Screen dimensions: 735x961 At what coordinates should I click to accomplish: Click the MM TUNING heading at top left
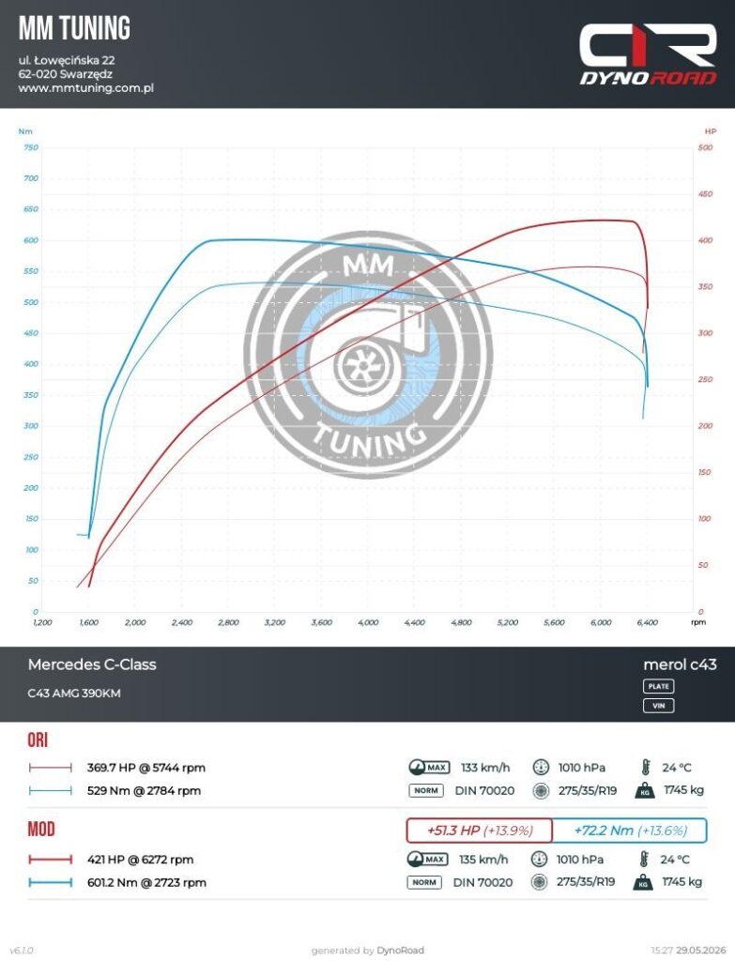click(x=74, y=28)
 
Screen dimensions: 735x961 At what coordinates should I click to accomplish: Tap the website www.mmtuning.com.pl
click(x=85, y=87)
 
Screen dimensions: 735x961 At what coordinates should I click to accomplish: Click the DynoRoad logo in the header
click(x=648, y=53)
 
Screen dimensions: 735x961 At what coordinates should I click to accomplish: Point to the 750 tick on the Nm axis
click(x=31, y=147)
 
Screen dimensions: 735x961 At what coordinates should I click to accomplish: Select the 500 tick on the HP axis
click(x=705, y=147)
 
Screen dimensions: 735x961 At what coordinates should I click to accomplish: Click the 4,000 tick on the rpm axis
click(x=368, y=622)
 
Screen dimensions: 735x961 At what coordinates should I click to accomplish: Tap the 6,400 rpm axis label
click(x=648, y=622)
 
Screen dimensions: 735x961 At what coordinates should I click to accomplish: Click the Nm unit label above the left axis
click(x=25, y=131)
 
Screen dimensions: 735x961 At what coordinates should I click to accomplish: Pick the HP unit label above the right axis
click(x=710, y=131)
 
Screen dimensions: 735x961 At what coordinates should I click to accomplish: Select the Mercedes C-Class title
click(x=92, y=664)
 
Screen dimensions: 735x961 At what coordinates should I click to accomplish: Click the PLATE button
click(x=658, y=686)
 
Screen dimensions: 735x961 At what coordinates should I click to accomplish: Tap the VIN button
click(x=658, y=706)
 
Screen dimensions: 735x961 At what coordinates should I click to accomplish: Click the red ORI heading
click(x=38, y=740)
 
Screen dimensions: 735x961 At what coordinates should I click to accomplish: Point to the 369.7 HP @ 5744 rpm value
click(x=145, y=768)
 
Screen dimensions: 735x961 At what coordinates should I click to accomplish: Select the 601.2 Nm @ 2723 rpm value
click(x=146, y=882)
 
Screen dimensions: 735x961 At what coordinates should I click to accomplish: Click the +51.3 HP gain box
click(x=480, y=831)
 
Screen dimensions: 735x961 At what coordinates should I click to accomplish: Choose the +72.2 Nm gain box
click(x=630, y=831)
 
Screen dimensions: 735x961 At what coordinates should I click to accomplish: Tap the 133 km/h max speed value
click(x=485, y=768)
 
